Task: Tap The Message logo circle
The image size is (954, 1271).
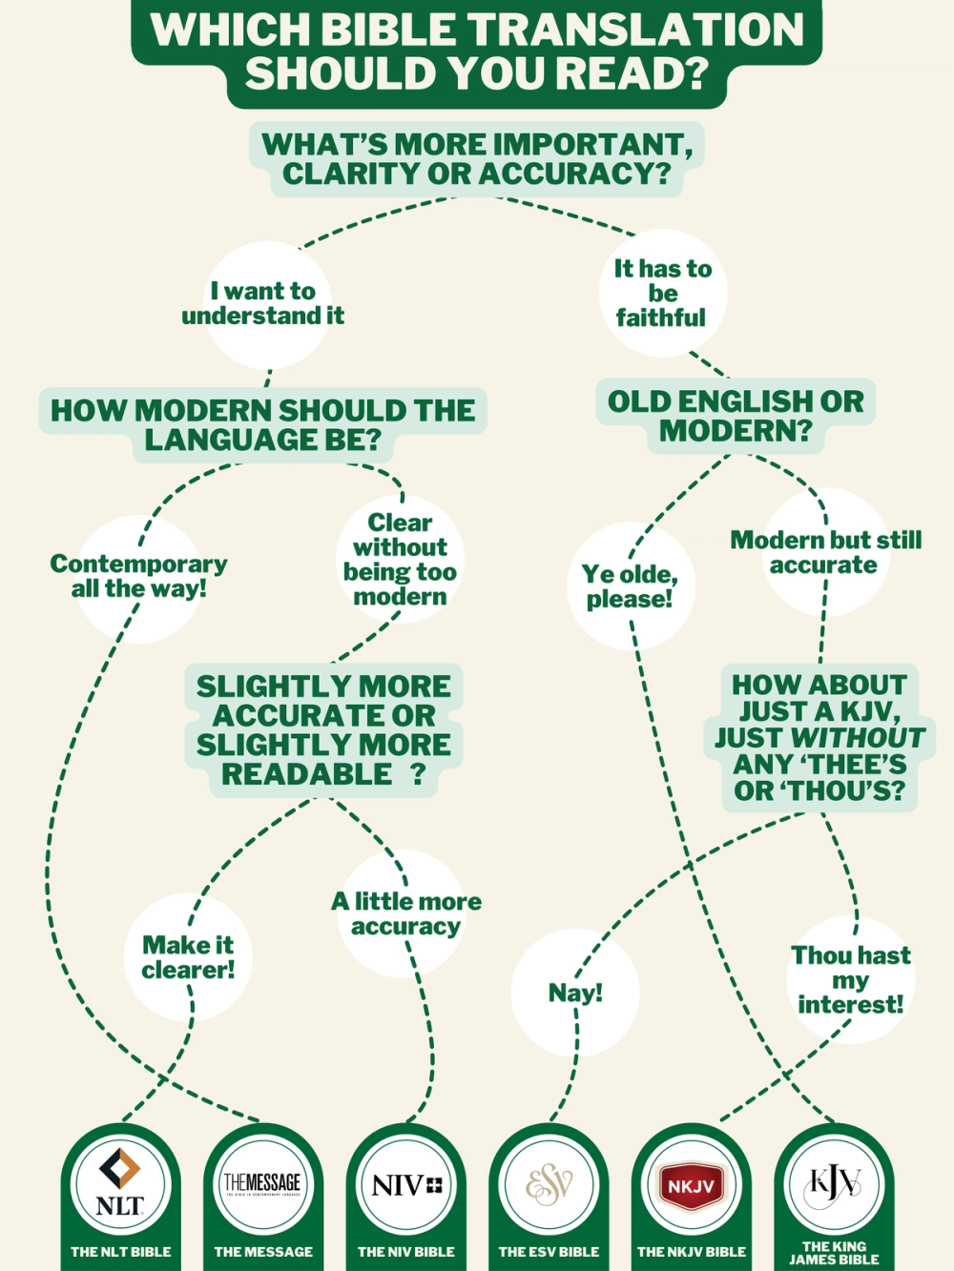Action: tap(262, 1185)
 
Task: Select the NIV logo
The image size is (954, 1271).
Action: tap(406, 1185)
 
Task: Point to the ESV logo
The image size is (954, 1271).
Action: tap(549, 1185)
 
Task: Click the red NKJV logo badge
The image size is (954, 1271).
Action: tap(692, 1186)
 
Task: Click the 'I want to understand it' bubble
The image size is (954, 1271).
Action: tap(264, 303)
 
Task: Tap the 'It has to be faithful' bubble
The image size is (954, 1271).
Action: tap(663, 293)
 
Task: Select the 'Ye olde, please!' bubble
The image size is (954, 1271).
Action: tap(630, 586)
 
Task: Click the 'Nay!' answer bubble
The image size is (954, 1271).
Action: tap(575, 993)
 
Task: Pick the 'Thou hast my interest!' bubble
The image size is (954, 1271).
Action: tap(851, 979)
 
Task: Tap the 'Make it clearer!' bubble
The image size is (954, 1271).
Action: tap(188, 957)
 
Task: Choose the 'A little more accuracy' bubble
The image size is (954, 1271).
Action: tap(406, 913)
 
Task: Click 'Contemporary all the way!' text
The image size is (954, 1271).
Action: tap(139, 576)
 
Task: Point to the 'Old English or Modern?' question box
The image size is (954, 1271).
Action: tap(736, 416)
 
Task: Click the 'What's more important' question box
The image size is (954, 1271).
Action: tap(477, 159)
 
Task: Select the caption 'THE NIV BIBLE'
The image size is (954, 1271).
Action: tap(406, 1252)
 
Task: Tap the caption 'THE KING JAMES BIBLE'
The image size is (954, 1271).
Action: tap(834, 1253)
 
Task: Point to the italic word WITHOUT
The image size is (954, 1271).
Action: tap(858, 738)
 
